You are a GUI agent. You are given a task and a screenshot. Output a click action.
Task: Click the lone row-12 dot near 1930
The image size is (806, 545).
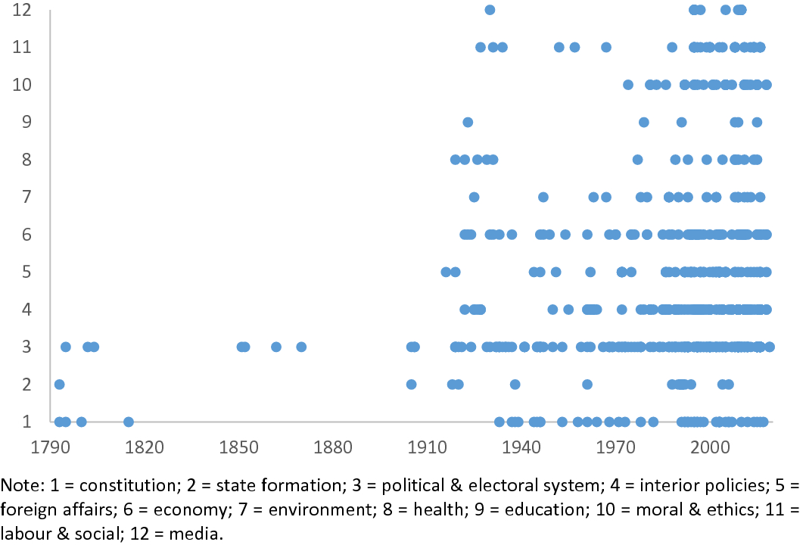[x=490, y=10]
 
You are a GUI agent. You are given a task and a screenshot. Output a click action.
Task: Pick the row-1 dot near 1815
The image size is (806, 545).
[x=129, y=422]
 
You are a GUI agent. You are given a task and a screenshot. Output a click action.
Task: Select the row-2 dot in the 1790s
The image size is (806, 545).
[x=59, y=385]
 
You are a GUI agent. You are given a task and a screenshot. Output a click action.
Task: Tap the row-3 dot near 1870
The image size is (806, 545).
[x=301, y=347]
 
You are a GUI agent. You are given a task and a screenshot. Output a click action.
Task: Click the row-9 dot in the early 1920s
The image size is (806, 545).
[x=468, y=122]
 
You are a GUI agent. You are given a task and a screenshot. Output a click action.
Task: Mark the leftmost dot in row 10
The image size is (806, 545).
[x=627, y=84]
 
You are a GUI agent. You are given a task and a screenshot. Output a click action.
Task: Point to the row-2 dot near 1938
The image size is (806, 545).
[x=515, y=385]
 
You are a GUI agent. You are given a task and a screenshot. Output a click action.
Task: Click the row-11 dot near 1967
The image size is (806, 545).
[x=605, y=47]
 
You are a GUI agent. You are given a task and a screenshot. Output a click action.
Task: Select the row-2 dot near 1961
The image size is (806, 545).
[x=587, y=385]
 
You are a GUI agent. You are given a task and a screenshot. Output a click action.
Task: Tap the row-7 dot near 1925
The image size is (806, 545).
[x=474, y=197]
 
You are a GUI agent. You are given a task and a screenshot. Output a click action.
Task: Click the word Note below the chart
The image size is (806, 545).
[x=17, y=484]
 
